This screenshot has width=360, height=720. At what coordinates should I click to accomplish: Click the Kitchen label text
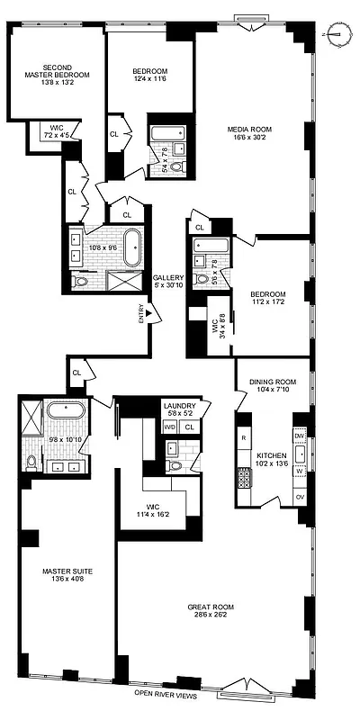pyautogui.click(x=271, y=455)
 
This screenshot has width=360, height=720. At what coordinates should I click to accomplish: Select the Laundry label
pyautogui.click(x=179, y=407)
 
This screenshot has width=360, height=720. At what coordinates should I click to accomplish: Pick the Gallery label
pyautogui.click(x=168, y=277)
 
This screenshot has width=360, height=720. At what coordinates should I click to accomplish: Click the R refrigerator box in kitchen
pyautogui.click(x=244, y=437)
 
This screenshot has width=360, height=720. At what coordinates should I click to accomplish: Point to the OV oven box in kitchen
pyautogui.click(x=300, y=497)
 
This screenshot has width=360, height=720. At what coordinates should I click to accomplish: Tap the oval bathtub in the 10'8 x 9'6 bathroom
pyautogui.click(x=131, y=245)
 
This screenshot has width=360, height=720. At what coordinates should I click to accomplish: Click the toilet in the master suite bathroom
pyautogui.click(x=32, y=463)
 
